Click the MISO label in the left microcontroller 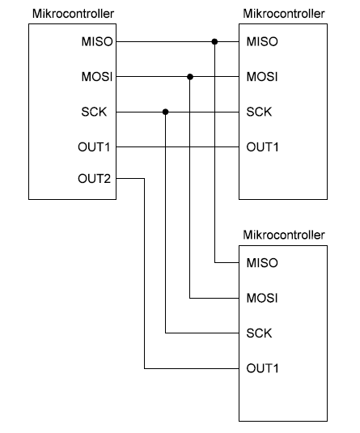(97, 42)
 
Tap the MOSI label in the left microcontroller (97, 77)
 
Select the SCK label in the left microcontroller (94, 112)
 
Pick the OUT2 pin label (94, 179)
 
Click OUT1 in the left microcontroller (94, 147)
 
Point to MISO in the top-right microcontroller (262, 42)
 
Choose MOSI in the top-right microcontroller (262, 77)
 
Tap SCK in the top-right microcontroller (259, 112)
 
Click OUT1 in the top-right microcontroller (262, 147)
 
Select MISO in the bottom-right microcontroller (262, 262)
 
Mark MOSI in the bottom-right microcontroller (262, 298)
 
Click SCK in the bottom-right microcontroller (259, 333)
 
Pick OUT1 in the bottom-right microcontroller (262, 368)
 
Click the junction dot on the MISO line (214, 42)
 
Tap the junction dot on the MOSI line (190, 77)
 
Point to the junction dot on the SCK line (165, 112)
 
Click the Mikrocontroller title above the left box (73, 14)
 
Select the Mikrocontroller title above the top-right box (284, 14)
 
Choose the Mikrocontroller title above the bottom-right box (284, 235)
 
